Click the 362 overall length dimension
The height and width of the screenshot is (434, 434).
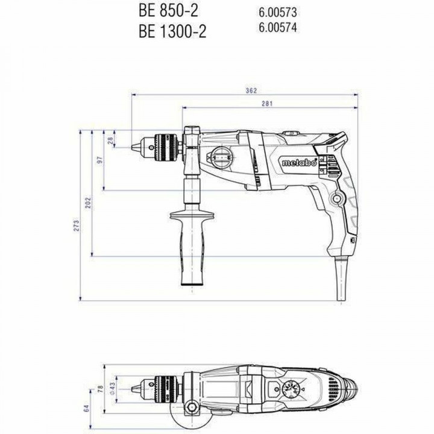(252, 90)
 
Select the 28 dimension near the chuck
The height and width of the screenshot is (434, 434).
(110, 140)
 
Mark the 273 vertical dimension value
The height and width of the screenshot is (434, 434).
(76, 223)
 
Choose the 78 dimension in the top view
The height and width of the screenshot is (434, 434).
(99, 388)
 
